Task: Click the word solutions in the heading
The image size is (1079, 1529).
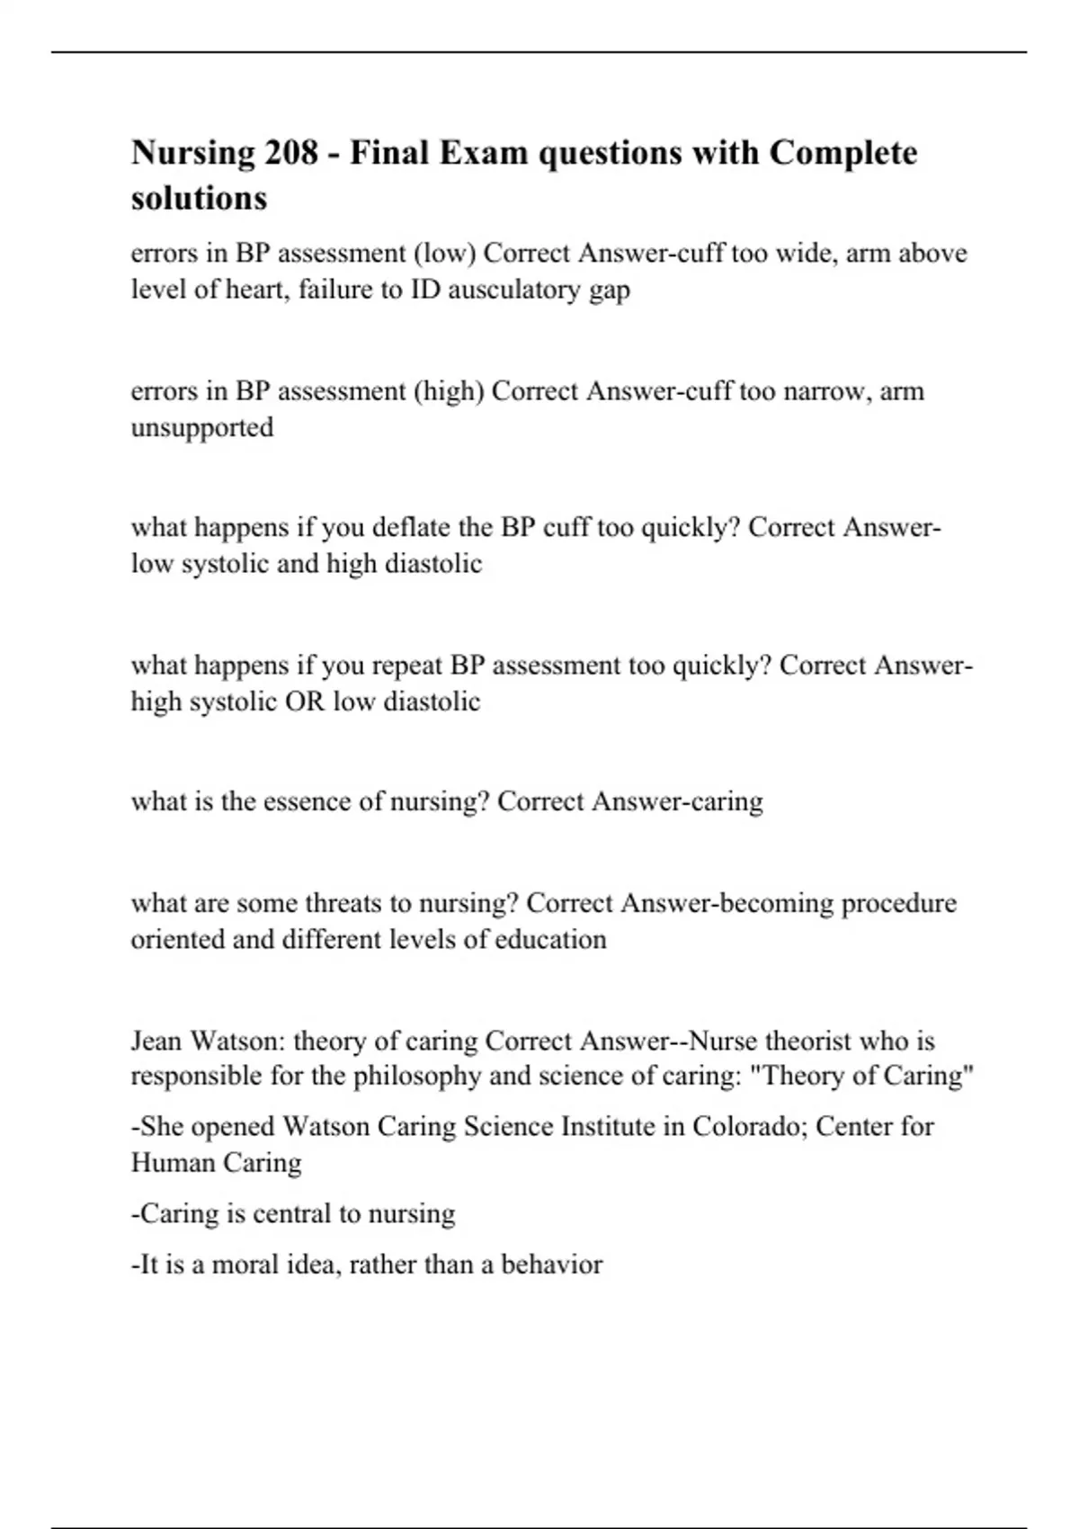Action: (199, 198)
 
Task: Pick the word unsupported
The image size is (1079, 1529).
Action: (202, 428)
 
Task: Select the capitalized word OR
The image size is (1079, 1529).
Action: (305, 702)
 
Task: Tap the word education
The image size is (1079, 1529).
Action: (550, 940)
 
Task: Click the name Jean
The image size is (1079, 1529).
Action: (157, 1042)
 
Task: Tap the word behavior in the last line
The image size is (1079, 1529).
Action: (551, 1265)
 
